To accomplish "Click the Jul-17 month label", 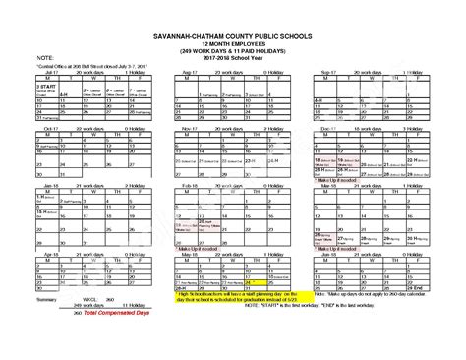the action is pyautogui.click(x=42, y=72).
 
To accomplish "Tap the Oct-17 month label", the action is pyautogui.click(x=42, y=127).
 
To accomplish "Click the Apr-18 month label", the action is pyautogui.click(x=42, y=253).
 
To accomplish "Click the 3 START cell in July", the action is pyautogui.click(x=47, y=87).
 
